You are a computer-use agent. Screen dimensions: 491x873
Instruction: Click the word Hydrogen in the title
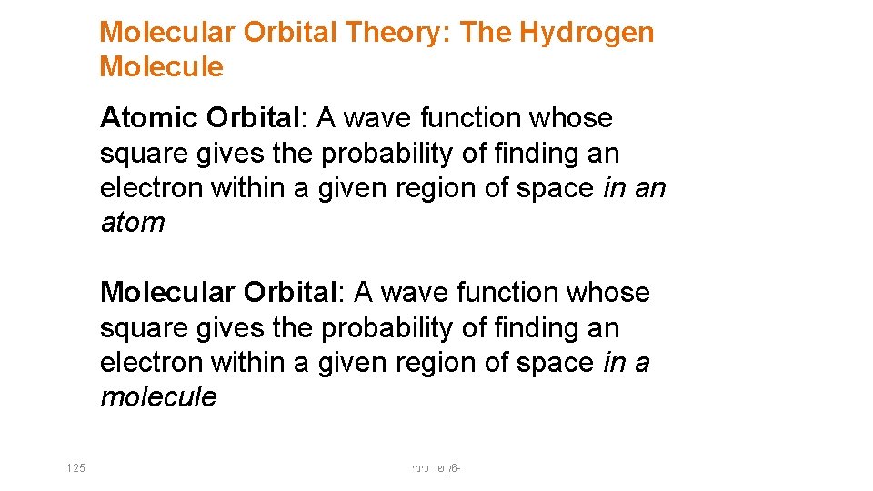pos(587,33)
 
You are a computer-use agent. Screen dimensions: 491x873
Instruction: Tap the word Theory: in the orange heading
pos(396,33)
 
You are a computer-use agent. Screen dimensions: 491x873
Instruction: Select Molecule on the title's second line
pos(161,67)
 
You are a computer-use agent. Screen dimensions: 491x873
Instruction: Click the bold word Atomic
pos(149,118)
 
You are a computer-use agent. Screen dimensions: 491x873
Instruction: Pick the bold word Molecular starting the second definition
pos(168,293)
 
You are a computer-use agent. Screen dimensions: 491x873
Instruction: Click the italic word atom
pos(133,223)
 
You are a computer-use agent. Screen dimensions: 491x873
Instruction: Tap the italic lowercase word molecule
pos(158,397)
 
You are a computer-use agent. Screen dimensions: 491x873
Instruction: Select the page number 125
pos(76,468)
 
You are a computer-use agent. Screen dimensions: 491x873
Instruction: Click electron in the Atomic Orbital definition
pos(152,188)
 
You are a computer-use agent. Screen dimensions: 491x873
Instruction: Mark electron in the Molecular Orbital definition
pos(152,363)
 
